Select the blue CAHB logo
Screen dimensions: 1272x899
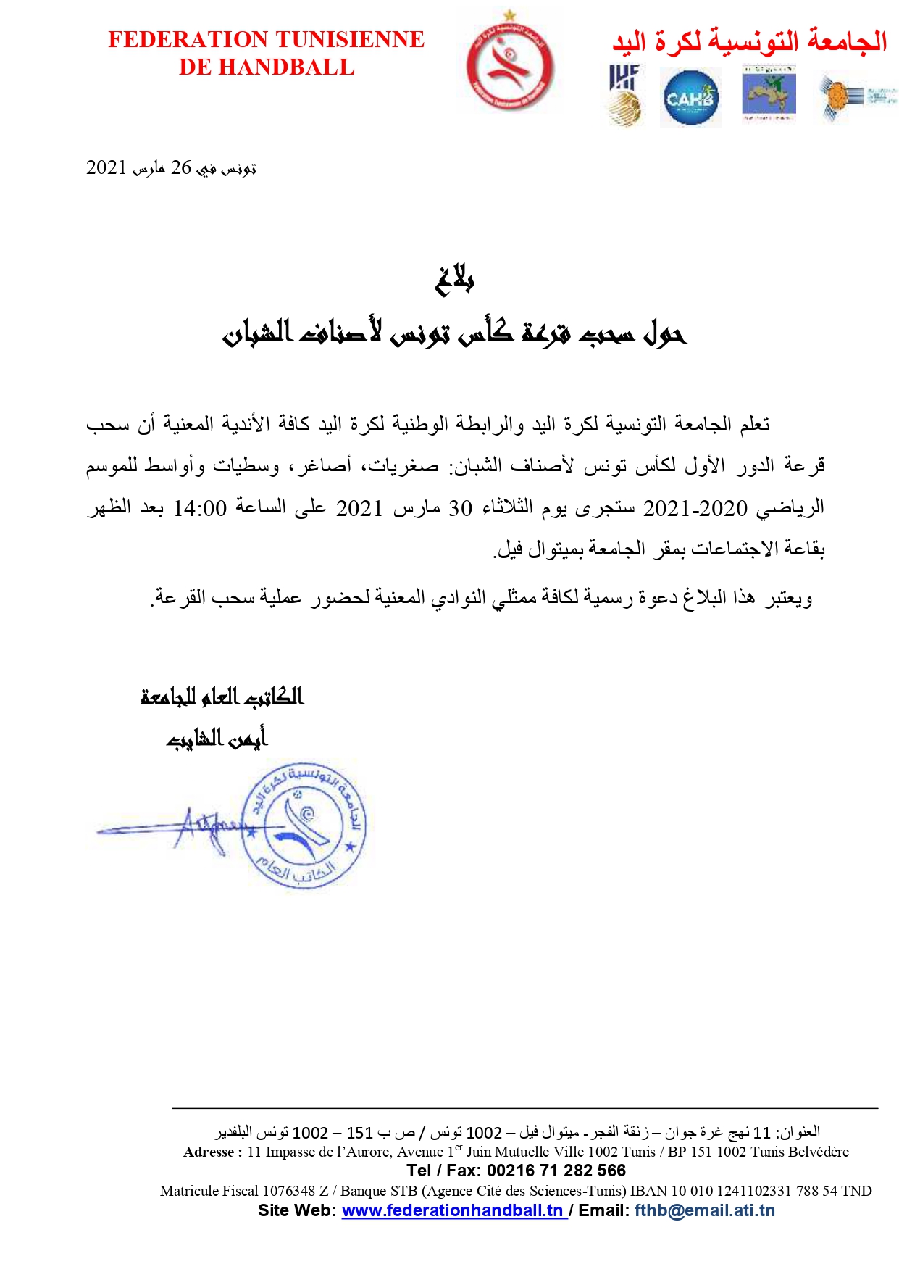coord(690,98)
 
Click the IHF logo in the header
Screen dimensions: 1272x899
coord(624,95)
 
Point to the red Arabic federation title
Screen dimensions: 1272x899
coord(749,41)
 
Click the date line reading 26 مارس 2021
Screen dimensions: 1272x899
coord(171,168)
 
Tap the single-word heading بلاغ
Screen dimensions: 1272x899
coord(454,279)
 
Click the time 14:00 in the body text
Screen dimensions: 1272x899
coord(200,508)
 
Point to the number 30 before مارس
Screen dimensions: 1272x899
coord(460,508)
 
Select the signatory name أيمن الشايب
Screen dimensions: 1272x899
coord(217,738)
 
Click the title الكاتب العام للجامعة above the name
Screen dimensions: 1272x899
coord(222,697)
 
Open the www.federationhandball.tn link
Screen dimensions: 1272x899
coord(453,1210)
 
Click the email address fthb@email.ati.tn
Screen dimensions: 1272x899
coord(704,1210)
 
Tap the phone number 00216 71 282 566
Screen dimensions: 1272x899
coord(556,1171)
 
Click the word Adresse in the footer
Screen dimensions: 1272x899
coord(209,1152)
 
